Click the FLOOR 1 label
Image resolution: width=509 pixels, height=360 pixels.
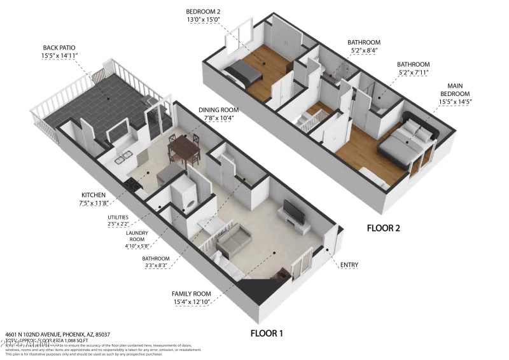(x=266, y=333)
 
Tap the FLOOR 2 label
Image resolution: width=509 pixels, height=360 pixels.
(x=391, y=227)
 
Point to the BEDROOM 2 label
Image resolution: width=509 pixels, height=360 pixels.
(x=203, y=11)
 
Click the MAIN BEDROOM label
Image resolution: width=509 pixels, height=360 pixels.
(x=455, y=89)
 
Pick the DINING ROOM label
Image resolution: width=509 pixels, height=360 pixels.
(x=218, y=109)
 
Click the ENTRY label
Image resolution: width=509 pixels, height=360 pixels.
(x=349, y=265)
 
